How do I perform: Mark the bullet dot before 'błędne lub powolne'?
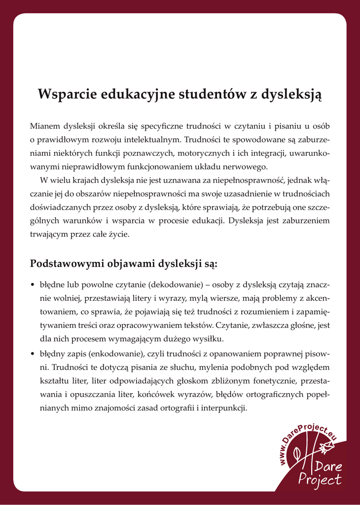click(x=33, y=285)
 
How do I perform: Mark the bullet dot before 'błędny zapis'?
click(x=33, y=354)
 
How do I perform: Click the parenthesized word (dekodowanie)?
click(x=175, y=285)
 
